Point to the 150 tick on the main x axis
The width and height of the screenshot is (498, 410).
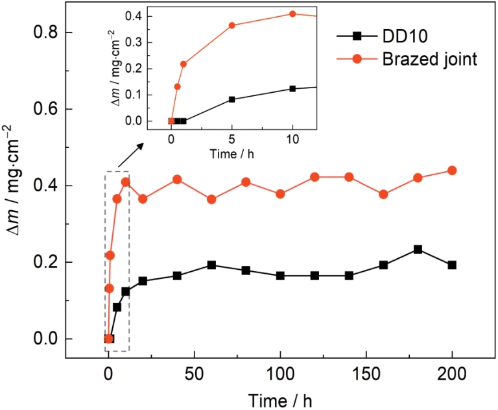tap(367, 376)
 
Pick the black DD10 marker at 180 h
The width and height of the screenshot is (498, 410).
tap(418, 249)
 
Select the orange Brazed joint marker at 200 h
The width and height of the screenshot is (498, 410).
tap(453, 171)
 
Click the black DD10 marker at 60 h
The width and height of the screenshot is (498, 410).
tap(211, 265)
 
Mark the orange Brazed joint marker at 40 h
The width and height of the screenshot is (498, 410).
tap(177, 179)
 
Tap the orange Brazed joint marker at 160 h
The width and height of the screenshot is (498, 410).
tap(383, 194)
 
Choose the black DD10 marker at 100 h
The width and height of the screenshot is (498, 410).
tap(280, 275)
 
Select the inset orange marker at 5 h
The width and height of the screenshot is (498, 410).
tap(231, 25)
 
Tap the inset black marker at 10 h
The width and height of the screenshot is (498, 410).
tap(292, 88)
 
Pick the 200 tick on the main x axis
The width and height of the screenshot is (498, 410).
tap(453, 376)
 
